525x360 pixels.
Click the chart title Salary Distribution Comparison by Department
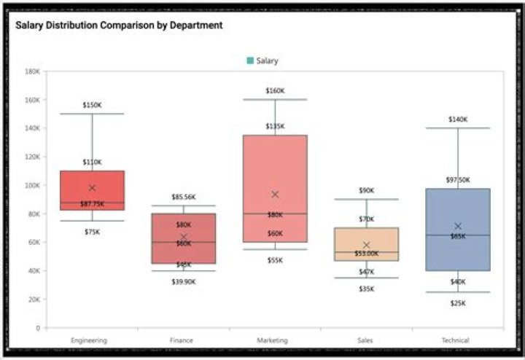(119, 25)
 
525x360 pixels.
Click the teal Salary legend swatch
(250, 60)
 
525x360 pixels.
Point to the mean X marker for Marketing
(275, 194)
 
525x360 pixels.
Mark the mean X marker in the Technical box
(458, 226)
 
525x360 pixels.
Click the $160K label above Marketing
(275, 91)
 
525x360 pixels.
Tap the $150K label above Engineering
(92, 105)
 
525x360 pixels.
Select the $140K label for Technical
(458, 120)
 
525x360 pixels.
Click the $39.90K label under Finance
(184, 281)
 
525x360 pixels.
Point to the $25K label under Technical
(458, 302)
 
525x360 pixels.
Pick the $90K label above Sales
(367, 191)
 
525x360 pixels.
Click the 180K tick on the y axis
(32, 71)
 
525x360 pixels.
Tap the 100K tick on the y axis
(32, 185)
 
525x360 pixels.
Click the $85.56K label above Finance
(184, 197)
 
